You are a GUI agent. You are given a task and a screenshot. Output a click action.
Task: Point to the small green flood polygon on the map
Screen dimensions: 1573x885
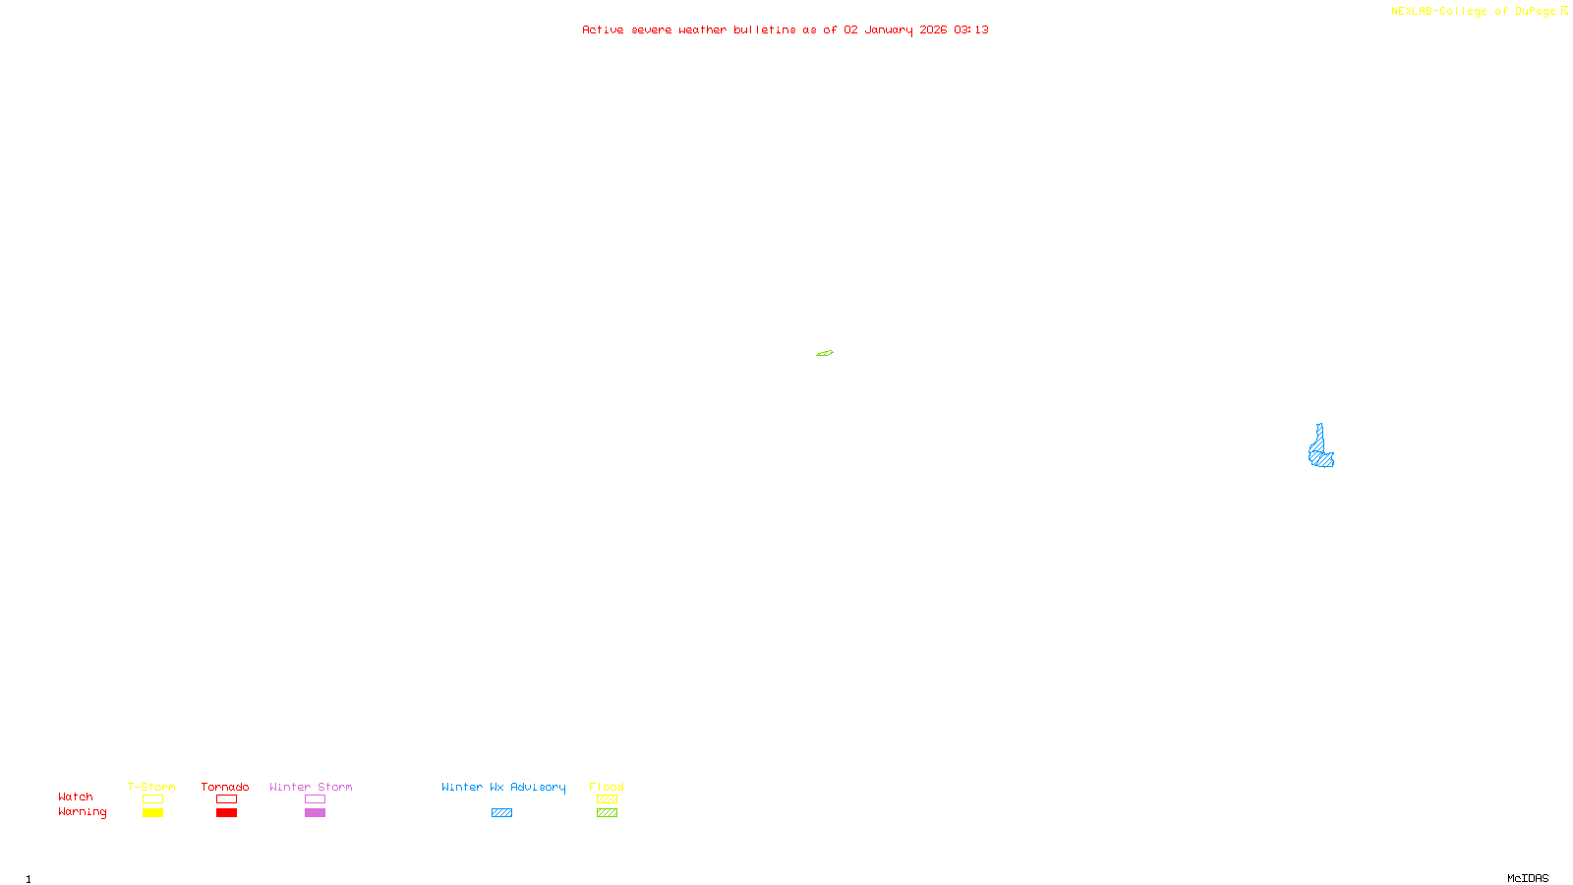pos(825,353)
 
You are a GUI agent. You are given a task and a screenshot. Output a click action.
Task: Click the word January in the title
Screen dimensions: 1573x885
pos(888,29)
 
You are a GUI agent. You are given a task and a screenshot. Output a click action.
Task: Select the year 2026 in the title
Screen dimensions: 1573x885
pos(933,29)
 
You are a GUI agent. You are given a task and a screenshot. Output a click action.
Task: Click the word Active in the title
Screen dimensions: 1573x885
pos(603,29)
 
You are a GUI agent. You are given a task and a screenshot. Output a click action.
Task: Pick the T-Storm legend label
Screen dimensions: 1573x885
pos(151,787)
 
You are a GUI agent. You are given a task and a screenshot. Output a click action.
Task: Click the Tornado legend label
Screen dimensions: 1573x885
pos(225,787)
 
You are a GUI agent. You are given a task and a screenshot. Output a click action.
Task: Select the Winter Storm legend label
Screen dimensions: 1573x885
pos(311,787)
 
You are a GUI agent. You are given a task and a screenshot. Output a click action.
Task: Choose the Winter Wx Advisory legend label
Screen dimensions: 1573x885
pos(503,787)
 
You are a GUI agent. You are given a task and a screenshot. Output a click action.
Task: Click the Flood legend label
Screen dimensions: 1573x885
pos(607,787)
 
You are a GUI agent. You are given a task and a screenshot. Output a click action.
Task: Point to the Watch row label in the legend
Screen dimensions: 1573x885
pos(76,796)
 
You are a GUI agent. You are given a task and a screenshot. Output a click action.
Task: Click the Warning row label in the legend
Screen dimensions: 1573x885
pos(82,812)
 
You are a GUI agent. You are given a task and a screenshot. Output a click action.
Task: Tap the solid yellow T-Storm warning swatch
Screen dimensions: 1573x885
pos(152,813)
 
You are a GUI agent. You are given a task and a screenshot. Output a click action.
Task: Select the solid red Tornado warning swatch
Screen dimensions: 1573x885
pos(226,813)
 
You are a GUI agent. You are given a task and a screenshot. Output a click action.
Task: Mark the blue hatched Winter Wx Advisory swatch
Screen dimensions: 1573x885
pos(501,813)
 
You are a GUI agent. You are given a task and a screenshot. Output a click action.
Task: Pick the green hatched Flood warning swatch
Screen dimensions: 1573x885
pos(607,813)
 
